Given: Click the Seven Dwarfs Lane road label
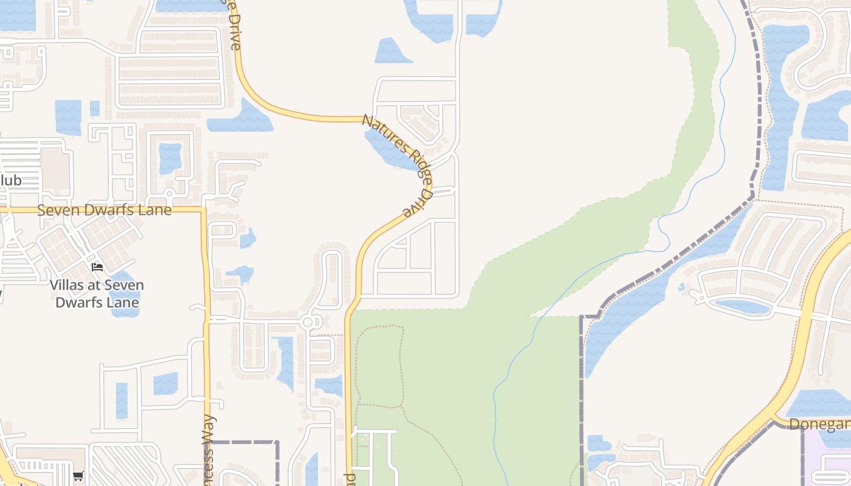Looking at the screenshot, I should pyautogui.click(x=104, y=210).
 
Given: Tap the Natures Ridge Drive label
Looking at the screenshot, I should pyautogui.click(x=399, y=163).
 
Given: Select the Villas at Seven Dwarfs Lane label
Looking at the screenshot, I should pyautogui.click(x=97, y=293).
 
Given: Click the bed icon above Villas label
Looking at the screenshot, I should pyautogui.click(x=97, y=267).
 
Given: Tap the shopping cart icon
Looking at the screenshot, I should pyautogui.click(x=78, y=476).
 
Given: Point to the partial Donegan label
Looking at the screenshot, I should pyautogui.click(x=819, y=424).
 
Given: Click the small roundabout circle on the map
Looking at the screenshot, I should pyautogui.click(x=308, y=322).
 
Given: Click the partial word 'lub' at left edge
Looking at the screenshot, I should pyautogui.click(x=11, y=180).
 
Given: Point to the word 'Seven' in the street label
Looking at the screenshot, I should pyautogui.click(x=55, y=210).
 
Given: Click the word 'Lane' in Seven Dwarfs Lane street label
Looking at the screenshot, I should pyautogui.click(x=157, y=210).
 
